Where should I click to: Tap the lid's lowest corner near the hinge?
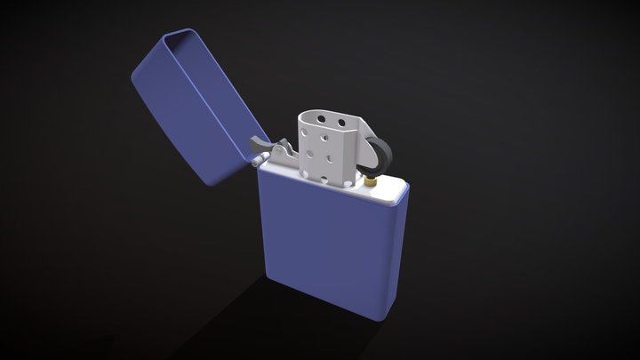213,182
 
